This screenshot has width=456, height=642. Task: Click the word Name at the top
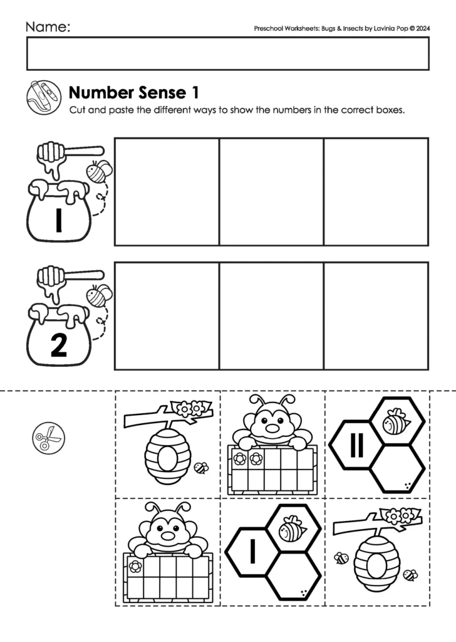click(47, 27)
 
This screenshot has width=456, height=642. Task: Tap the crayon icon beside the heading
click(44, 97)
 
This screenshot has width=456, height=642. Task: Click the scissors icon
click(48, 438)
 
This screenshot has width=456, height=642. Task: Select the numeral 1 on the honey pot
click(58, 221)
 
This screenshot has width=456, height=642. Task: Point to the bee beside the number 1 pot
click(98, 171)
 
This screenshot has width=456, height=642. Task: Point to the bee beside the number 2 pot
click(98, 295)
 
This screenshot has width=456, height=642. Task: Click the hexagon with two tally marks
click(356, 446)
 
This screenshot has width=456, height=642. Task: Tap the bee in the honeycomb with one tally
click(291, 530)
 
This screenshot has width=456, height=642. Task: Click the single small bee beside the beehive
click(201, 468)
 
